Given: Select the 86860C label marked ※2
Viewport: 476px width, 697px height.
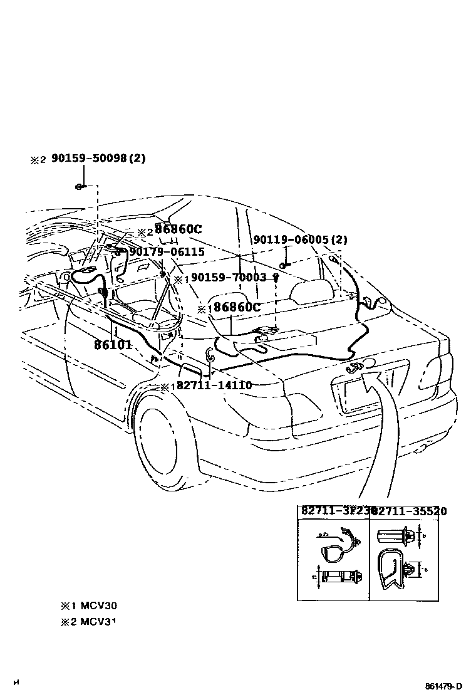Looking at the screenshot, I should pos(178,229).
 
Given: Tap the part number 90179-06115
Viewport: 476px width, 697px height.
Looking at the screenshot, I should pos(167,251).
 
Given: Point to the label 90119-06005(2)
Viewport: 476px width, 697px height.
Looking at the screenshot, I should pos(300,240).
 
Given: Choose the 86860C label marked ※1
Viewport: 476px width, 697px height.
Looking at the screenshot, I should pos(237,307).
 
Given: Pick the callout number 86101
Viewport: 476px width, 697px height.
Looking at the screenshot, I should pos(113,344).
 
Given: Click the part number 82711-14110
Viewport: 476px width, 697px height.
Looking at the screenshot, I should pos(214,385).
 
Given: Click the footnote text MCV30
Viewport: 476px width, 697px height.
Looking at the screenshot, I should pos(98,605).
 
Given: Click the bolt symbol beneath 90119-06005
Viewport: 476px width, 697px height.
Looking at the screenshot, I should pos(283,265).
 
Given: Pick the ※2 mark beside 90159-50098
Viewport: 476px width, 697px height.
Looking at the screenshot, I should pos(38,160).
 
